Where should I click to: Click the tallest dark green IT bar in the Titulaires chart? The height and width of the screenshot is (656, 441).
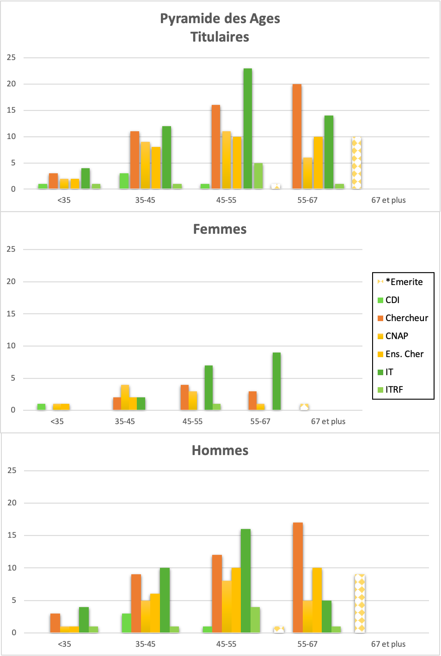pos(248,128)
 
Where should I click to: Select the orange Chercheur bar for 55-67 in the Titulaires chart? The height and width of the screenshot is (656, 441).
pos(297,136)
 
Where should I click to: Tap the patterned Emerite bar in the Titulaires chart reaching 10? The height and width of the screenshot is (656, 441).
pos(356,163)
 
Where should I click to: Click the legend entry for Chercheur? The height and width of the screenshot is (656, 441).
pos(403,318)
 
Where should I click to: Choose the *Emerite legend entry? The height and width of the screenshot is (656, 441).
pos(400,282)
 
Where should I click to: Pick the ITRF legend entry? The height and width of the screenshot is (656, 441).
pos(390,390)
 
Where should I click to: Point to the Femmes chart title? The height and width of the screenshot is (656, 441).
pos(220,229)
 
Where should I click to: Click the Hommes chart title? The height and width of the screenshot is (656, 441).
pos(220,451)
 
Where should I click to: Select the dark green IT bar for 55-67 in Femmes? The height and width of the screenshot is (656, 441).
pos(276,381)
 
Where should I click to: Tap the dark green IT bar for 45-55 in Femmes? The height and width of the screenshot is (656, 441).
pos(208,388)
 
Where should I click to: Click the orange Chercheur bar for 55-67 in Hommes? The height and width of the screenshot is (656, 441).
pos(298,578)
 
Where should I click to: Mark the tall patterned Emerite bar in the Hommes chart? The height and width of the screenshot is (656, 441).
pos(360,604)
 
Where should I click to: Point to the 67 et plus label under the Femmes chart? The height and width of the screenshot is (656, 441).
pos(328,421)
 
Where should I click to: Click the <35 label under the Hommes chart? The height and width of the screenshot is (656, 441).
pos(64,644)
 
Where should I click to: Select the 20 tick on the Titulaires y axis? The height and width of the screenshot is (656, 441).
pos(12,84)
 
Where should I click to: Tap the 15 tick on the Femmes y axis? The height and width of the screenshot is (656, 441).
pos(11,314)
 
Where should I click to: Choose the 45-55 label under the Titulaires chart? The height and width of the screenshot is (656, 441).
pos(226,200)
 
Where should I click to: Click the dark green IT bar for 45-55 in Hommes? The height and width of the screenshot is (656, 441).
pos(245,582)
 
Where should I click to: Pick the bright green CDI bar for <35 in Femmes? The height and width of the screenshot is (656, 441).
pos(41,407)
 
